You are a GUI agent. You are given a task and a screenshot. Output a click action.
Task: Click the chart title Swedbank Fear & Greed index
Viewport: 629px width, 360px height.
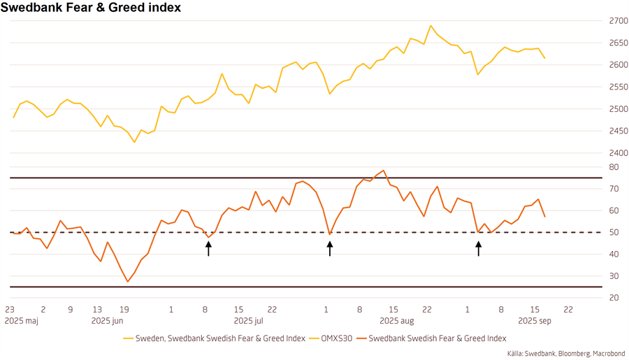91,8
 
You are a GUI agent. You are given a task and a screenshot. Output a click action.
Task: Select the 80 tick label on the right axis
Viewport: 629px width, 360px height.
613,167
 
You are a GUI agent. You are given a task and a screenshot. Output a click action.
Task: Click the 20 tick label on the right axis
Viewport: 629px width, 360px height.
613,298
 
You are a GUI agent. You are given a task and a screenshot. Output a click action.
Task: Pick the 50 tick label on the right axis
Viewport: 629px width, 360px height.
613,232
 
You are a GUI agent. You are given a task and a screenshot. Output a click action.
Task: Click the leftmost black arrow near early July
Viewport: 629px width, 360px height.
208,248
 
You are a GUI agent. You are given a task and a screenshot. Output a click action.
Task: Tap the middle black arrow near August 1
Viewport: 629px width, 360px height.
330,248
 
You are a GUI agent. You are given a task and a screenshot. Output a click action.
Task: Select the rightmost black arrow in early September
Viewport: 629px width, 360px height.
479,248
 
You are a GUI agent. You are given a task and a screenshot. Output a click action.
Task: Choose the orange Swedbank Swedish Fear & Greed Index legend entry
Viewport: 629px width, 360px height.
437,338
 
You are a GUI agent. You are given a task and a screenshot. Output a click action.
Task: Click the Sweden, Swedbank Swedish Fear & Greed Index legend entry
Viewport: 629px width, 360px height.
220,338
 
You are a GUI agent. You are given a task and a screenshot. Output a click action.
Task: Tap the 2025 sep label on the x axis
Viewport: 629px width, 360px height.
535,321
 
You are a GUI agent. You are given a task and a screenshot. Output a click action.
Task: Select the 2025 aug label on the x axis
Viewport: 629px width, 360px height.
396,321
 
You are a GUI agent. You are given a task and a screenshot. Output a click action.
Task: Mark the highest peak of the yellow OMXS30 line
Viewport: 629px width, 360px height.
431,26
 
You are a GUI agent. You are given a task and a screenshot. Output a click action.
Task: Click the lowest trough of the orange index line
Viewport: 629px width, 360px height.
128,282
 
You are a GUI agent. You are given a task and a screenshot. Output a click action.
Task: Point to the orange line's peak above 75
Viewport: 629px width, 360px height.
384,171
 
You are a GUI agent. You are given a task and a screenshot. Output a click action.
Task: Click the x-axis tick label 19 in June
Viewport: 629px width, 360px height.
124,309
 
